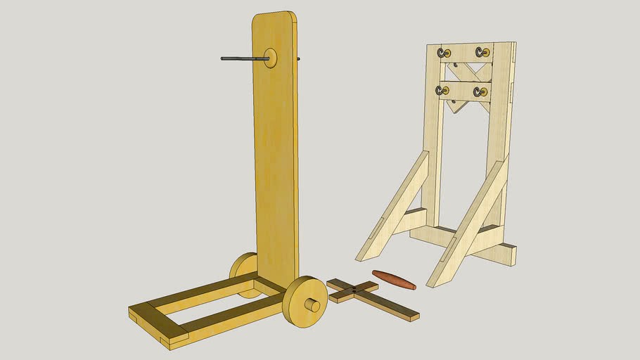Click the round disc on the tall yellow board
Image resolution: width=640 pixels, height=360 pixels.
click(x=270, y=58)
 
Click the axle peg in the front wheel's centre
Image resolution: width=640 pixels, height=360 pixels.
click(x=313, y=306)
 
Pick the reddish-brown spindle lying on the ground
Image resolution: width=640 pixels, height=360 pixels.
click(x=394, y=279)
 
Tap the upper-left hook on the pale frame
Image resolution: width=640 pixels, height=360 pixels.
click(x=444, y=53)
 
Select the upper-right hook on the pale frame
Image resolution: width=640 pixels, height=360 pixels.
click(x=482, y=52)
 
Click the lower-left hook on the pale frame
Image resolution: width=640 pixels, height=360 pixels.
click(x=441, y=91)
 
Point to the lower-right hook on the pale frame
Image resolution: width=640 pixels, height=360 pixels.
click(x=480, y=91)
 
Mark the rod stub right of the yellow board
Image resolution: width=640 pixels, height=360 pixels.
click(x=298, y=59)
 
